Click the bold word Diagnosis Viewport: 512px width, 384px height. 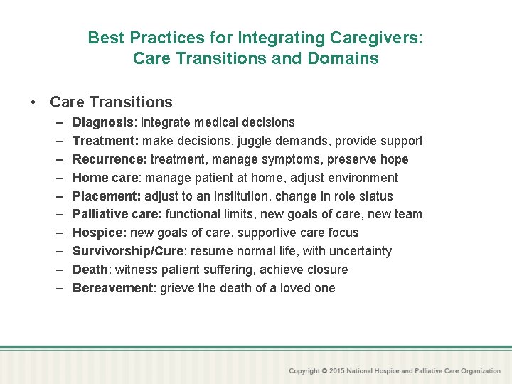click(x=104, y=122)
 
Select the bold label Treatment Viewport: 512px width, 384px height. click(x=104, y=141)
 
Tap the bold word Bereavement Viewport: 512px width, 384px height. click(x=112, y=288)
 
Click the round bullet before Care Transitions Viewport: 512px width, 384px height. click(x=34, y=102)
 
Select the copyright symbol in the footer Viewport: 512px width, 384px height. click(x=324, y=371)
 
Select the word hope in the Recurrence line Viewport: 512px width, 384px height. click(x=394, y=159)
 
